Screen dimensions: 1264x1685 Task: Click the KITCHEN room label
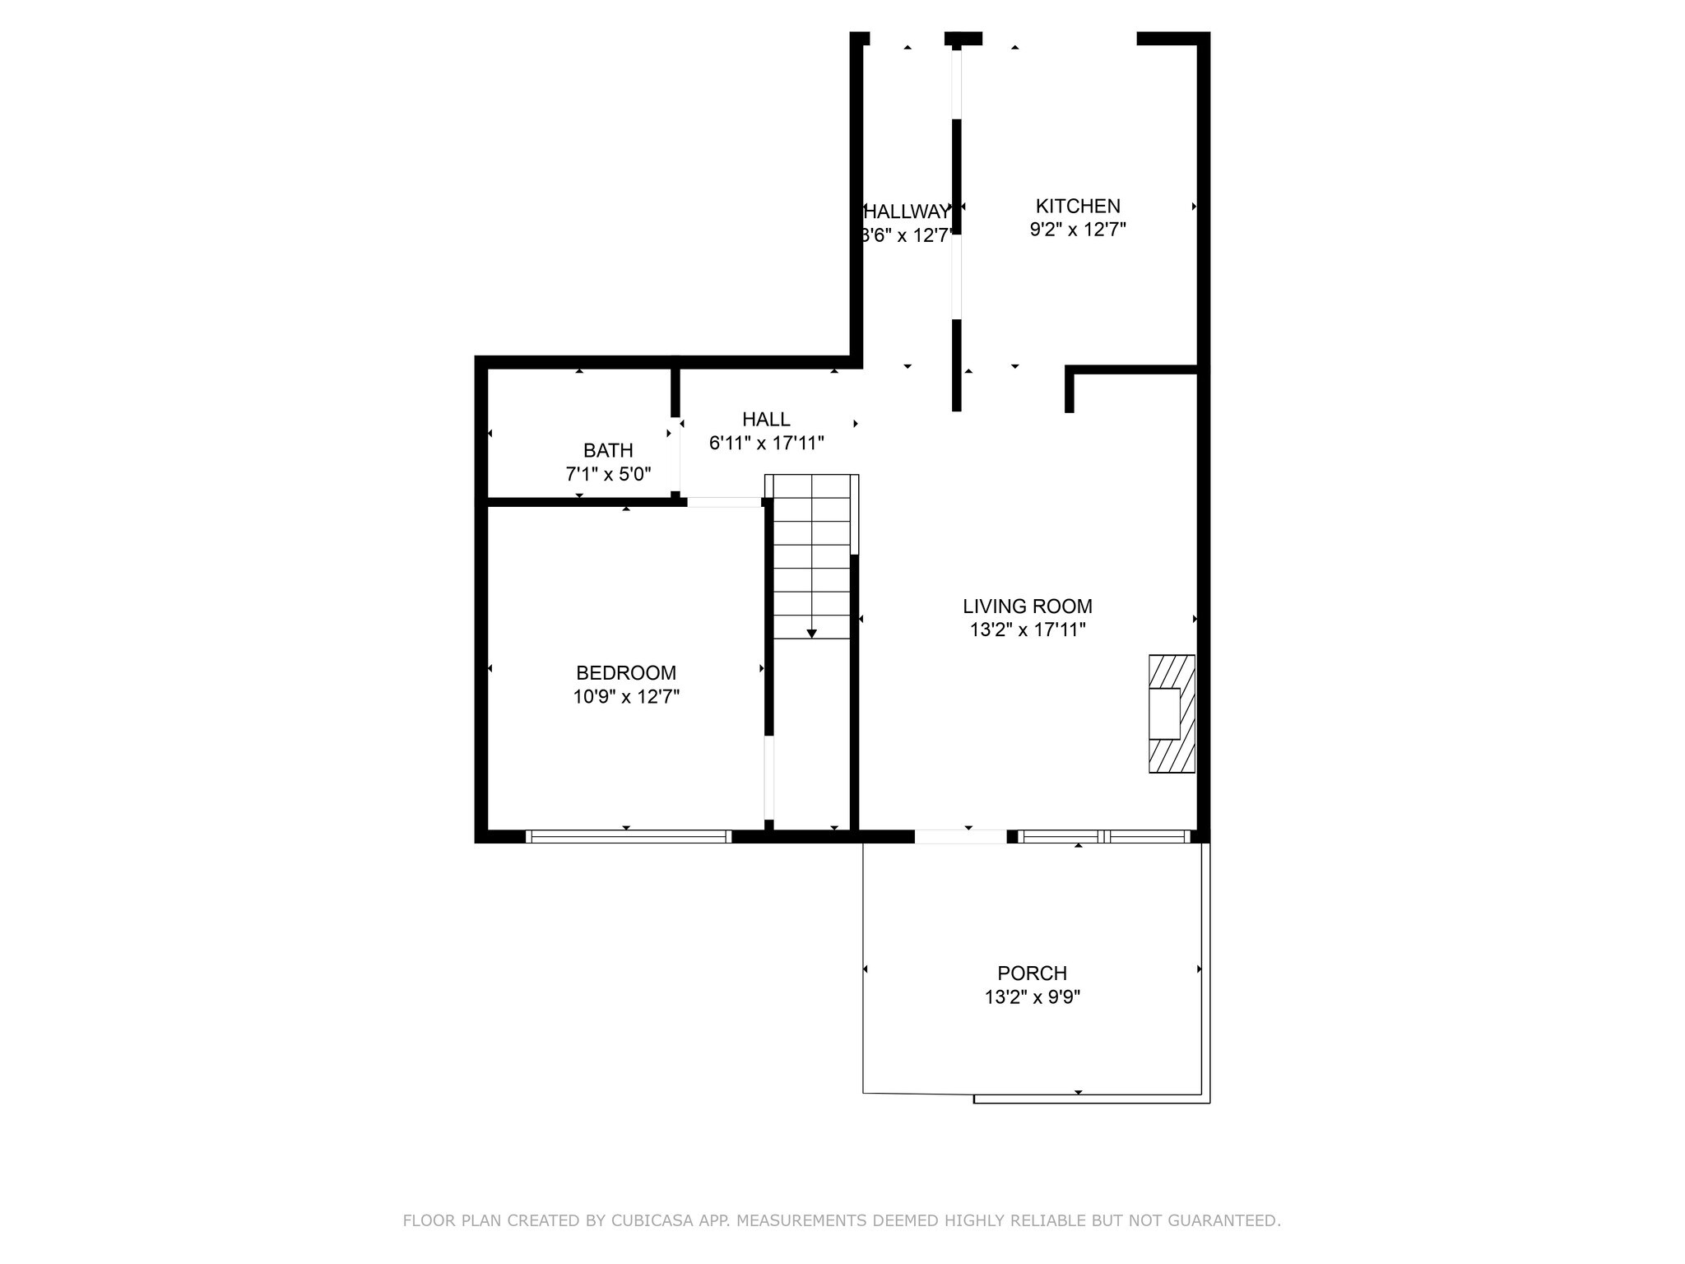pyautogui.click(x=1078, y=206)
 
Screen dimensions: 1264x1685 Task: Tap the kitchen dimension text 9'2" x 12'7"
pyautogui.click(x=1078, y=230)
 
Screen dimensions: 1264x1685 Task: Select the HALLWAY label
pyautogui.click(x=907, y=212)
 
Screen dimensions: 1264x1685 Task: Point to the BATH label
pyautogui.click(x=608, y=450)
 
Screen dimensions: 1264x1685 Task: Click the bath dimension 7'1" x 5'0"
pyautogui.click(x=608, y=475)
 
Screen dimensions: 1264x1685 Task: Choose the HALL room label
pyautogui.click(x=766, y=419)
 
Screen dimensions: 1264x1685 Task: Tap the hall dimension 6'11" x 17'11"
pyautogui.click(x=766, y=444)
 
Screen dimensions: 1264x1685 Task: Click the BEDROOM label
pyautogui.click(x=626, y=672)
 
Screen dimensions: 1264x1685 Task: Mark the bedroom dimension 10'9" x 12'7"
pyautogui.click(x=626, y=697)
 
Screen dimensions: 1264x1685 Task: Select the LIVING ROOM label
pyautogui.click(x=1028, y=606)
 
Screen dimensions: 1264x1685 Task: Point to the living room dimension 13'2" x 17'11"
pyautogui.click(x=1028, y=630)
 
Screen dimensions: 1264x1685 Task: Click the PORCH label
pyautogui.click(x=1032, y=974)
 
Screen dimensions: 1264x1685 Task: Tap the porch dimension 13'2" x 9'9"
pyautogui.click(x=1032, y=997)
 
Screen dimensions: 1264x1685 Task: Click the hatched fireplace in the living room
pyautogui.click(x=1172, y=713)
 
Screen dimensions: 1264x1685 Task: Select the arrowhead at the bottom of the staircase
pyautogui.click(x=811, y=633)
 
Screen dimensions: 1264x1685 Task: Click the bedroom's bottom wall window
pyautogui.click(x=628, y=837)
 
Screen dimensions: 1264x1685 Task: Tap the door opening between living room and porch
pyautogui.click(x=960, y=837)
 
